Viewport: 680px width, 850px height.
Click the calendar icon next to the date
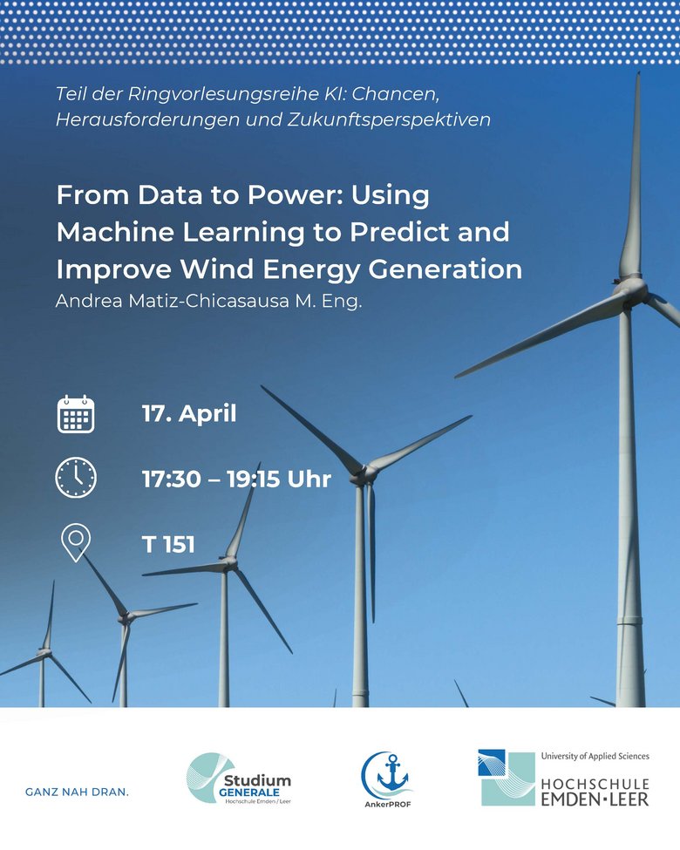coord(76,414)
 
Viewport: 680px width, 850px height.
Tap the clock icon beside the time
coord(76,478)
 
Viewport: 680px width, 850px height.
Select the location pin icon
coord(76,542)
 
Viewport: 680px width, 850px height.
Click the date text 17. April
coord(189,413)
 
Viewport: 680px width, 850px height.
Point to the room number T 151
coord(168,544)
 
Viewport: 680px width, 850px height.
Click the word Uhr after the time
coord(309,479)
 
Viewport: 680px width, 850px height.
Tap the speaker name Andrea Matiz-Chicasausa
coord(173,301)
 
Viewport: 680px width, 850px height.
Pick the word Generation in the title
coord(445,269)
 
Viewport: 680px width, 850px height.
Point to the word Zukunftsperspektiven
coord(389,119)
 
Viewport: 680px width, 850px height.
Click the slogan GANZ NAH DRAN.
coord(77,792)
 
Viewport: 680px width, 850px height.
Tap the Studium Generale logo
coord(239,779)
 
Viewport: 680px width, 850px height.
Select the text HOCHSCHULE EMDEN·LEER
coord(595,792)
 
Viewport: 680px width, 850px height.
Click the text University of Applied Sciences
coord(595,756)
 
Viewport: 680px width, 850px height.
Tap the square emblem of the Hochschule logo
coord(507,778)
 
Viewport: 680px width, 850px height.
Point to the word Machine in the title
coord(115,232)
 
